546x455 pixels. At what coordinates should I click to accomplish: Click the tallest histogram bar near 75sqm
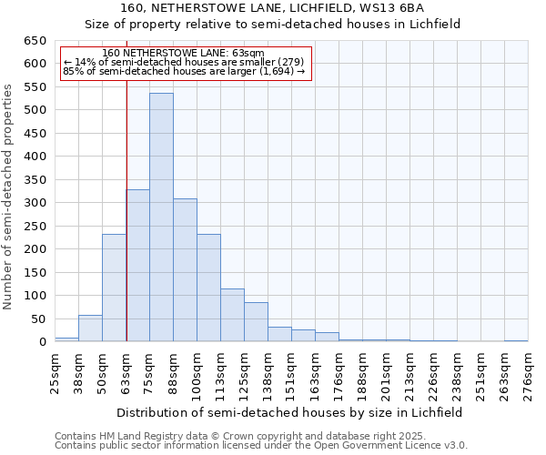161,217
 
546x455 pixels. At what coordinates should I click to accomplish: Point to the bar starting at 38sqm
90,329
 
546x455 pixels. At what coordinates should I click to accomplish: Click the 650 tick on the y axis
35,41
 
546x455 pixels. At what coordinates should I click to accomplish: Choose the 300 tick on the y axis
35,203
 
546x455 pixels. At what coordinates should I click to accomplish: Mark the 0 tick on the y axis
42,342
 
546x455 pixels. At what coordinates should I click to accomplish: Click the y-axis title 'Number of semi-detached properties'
9,197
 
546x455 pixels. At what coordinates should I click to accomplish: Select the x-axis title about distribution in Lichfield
289,412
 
